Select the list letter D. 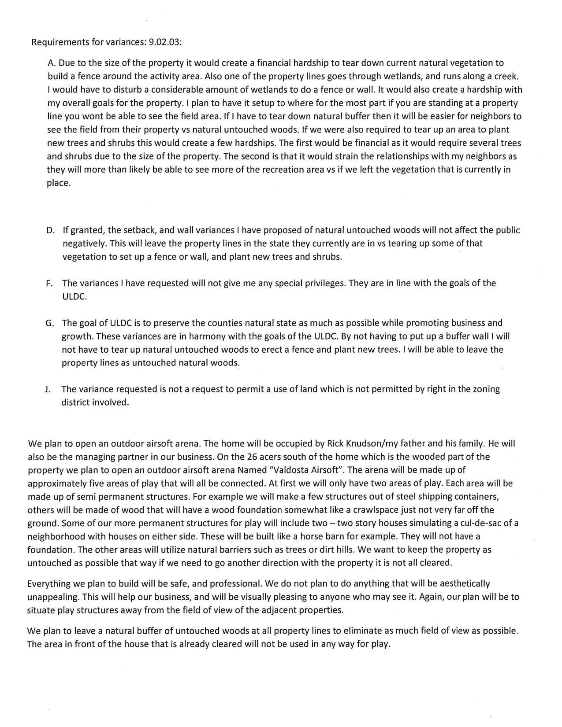click(x=50, y=230)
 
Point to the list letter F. click(x=49, y=283)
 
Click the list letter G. click(x=50, y=323)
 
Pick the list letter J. click(x=47, y=389)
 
